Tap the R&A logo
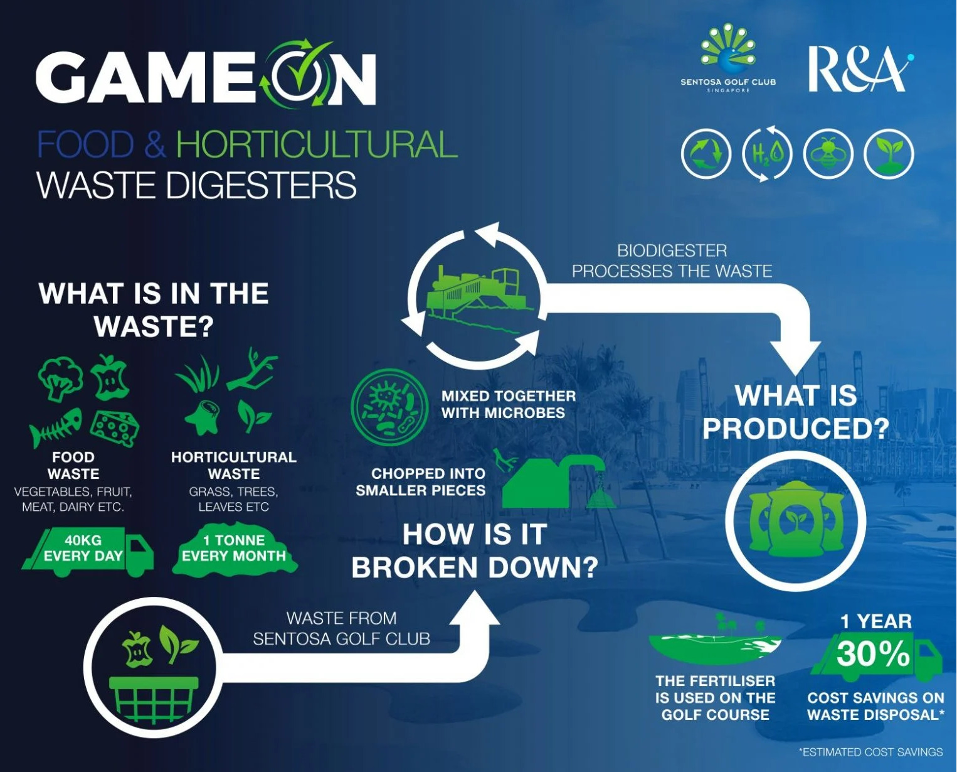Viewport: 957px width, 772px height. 858,68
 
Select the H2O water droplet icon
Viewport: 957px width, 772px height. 766,154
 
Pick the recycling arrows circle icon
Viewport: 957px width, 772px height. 706,154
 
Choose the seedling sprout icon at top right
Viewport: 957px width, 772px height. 889,154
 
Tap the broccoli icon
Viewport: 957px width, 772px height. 60,378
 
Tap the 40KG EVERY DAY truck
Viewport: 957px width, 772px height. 87,550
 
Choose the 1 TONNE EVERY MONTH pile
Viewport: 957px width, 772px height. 234,550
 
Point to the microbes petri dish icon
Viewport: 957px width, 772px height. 389,407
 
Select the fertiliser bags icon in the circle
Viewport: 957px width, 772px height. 796,520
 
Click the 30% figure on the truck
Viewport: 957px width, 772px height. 873,654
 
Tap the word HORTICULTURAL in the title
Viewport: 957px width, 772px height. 317,145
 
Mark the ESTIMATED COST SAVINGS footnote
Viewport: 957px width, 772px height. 871,752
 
